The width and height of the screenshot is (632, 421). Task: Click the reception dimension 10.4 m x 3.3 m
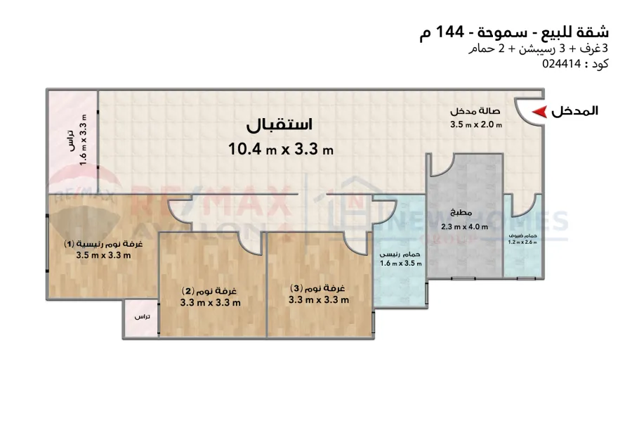click(280, 148)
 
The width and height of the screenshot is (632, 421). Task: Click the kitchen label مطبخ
click(461, 213)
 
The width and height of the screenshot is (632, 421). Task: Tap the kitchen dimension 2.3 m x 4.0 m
click(464, 227)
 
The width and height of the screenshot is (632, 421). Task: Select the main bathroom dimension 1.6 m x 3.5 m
click(401, 264)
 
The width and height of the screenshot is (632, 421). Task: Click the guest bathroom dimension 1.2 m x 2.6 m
click(522, 242)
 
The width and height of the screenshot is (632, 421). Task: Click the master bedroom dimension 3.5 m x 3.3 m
click(103, 255)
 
